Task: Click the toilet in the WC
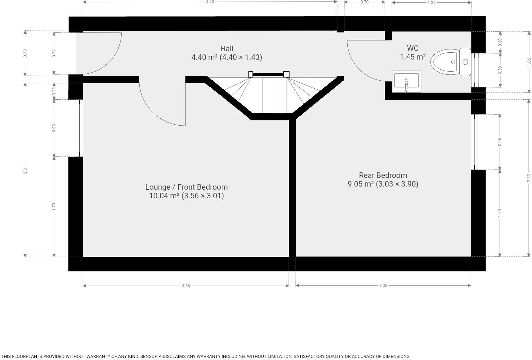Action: [x=450, y=62]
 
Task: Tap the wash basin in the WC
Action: [x=407, y=82]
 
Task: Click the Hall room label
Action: [x=227, y=49]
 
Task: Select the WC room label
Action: [x=413, y=48]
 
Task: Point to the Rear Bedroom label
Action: [x=383, y=175]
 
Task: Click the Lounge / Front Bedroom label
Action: [x=186, y=187]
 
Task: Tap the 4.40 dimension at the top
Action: [x=210, y=2]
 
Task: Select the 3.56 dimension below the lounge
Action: [x=186, y=286]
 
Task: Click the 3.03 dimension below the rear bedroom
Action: [x=383, y=286]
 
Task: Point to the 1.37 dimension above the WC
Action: [x=431, y=3]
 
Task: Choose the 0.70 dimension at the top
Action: [x=364, y=2]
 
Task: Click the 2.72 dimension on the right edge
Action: [x=529, y=178]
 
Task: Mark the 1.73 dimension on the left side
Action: [x=54, y=207]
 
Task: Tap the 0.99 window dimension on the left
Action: [x=54, y=128]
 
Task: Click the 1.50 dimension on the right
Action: [x=500, y=213]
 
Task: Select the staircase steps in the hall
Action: [x=269, y=94]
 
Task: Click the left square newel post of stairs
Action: [x=251, y=74]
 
